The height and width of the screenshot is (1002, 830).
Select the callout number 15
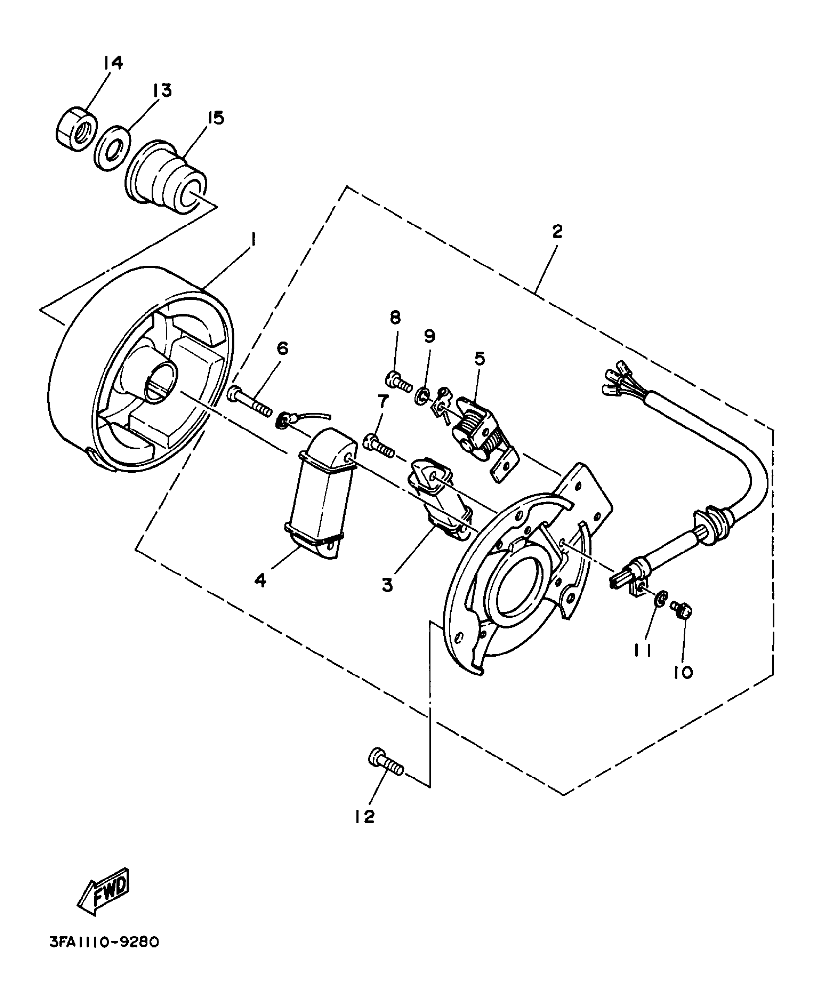tap(215, 118)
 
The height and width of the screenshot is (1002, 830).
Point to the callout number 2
tap(557, 231)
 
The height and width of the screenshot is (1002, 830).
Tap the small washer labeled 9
tap(423, 394)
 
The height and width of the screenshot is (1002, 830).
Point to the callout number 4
tap(260, 580)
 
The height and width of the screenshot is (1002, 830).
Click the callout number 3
tap(387, 585)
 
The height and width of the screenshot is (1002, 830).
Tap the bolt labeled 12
tap(385, 766)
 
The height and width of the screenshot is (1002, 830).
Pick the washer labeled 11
tap(659, 599)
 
